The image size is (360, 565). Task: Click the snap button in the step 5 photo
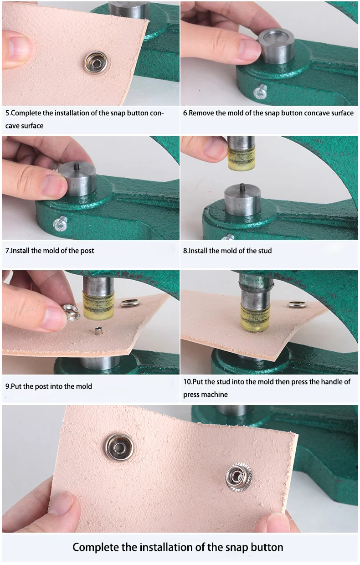[x=97, y=62]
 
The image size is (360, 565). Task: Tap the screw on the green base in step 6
[x=260, y=91]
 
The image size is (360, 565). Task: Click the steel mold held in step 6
[x=276, y=46]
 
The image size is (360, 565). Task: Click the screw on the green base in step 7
[x=61, y=223]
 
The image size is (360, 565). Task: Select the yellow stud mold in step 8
[x=241, y=159]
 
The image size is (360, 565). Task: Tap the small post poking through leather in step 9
[x=98, y=330]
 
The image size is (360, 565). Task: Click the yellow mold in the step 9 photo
[x=98, y=305]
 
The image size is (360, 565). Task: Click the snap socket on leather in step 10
[x=298, y=304]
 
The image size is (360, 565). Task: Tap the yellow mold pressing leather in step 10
[x=254, y=318]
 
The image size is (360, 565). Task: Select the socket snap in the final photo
[x=119, y=448]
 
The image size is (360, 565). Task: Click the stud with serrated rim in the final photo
[x=239, y=477]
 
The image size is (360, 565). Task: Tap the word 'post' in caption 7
[x=87, y=251]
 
